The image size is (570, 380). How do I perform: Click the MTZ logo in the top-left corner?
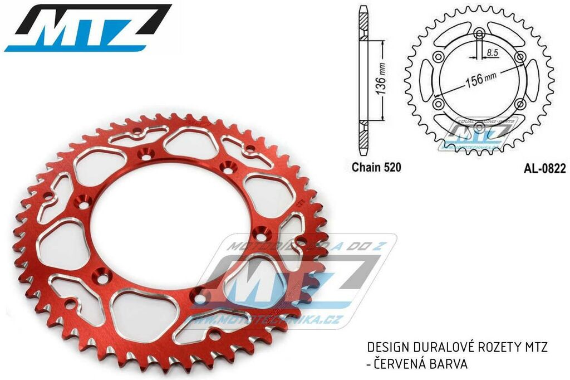click(87, 28)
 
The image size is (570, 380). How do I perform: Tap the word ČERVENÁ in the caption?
click(400, 363)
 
